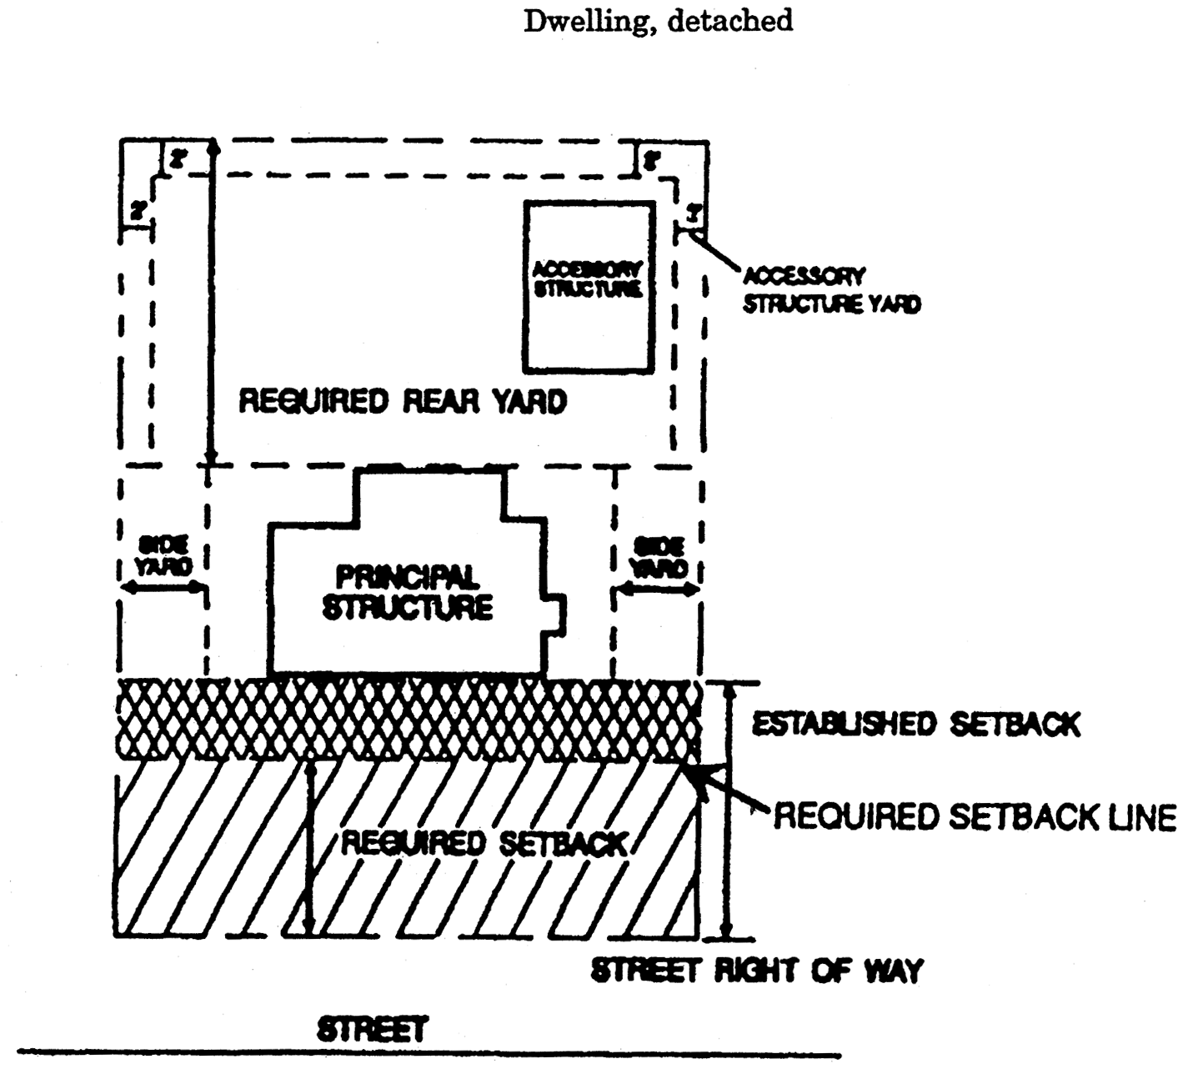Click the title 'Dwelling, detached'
pyautogui.click(x=658, y=20)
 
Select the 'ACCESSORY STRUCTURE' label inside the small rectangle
pyautogui.click(x=588, y=280)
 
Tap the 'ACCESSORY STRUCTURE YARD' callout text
pyautogui.click(x=831, y=290)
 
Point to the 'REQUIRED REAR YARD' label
pyautogui.click(x=403, y=402)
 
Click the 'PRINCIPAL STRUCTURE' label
pyautogui.click(x=408, y=592)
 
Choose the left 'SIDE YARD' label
pyautogui.click(x=163, y=555)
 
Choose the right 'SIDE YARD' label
pyautogui.click(x=659, y=557)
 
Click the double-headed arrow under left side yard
pyautogui.click(x=163, y=587)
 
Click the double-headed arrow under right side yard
pyautogui.click(x=657, y=589)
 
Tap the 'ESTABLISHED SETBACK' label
pyautogui.click(x=915, y=724)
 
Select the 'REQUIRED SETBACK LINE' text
pyautogui.click(x=975, y=816)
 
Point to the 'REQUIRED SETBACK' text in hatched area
pyautogui.click(x=484, y=844)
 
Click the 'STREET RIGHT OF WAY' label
pyautogui.click(x=757, y=971)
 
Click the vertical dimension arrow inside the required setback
pyautogui.click(x=309, y=846)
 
